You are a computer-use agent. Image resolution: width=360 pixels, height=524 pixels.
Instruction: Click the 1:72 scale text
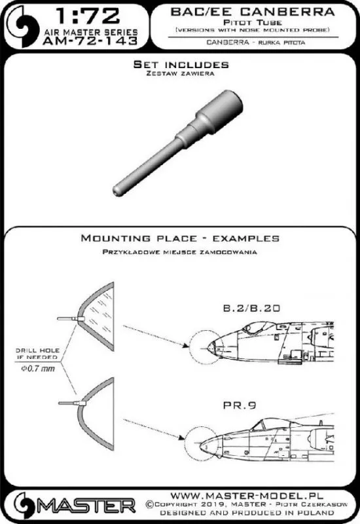(x=88, y=16)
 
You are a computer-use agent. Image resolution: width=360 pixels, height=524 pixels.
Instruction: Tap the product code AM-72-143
(x=90, y=41)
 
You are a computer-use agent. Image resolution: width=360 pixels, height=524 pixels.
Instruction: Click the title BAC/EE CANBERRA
(x=253, y=12)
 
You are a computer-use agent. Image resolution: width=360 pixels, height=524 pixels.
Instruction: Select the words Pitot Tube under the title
(x=253, y=23)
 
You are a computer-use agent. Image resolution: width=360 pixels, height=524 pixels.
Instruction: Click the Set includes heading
(x=181, y=64)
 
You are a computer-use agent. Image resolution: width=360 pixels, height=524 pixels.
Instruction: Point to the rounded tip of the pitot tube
(x=117, y=191)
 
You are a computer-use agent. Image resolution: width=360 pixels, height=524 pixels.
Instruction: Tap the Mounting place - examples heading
(x=180, y=238)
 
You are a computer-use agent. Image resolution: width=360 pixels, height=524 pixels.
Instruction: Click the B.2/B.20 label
(x=251, y=308)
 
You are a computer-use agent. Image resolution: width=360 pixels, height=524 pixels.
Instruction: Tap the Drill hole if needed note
(x=38, y=354)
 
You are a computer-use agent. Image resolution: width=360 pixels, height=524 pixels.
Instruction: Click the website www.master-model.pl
(x=247, y=495)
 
